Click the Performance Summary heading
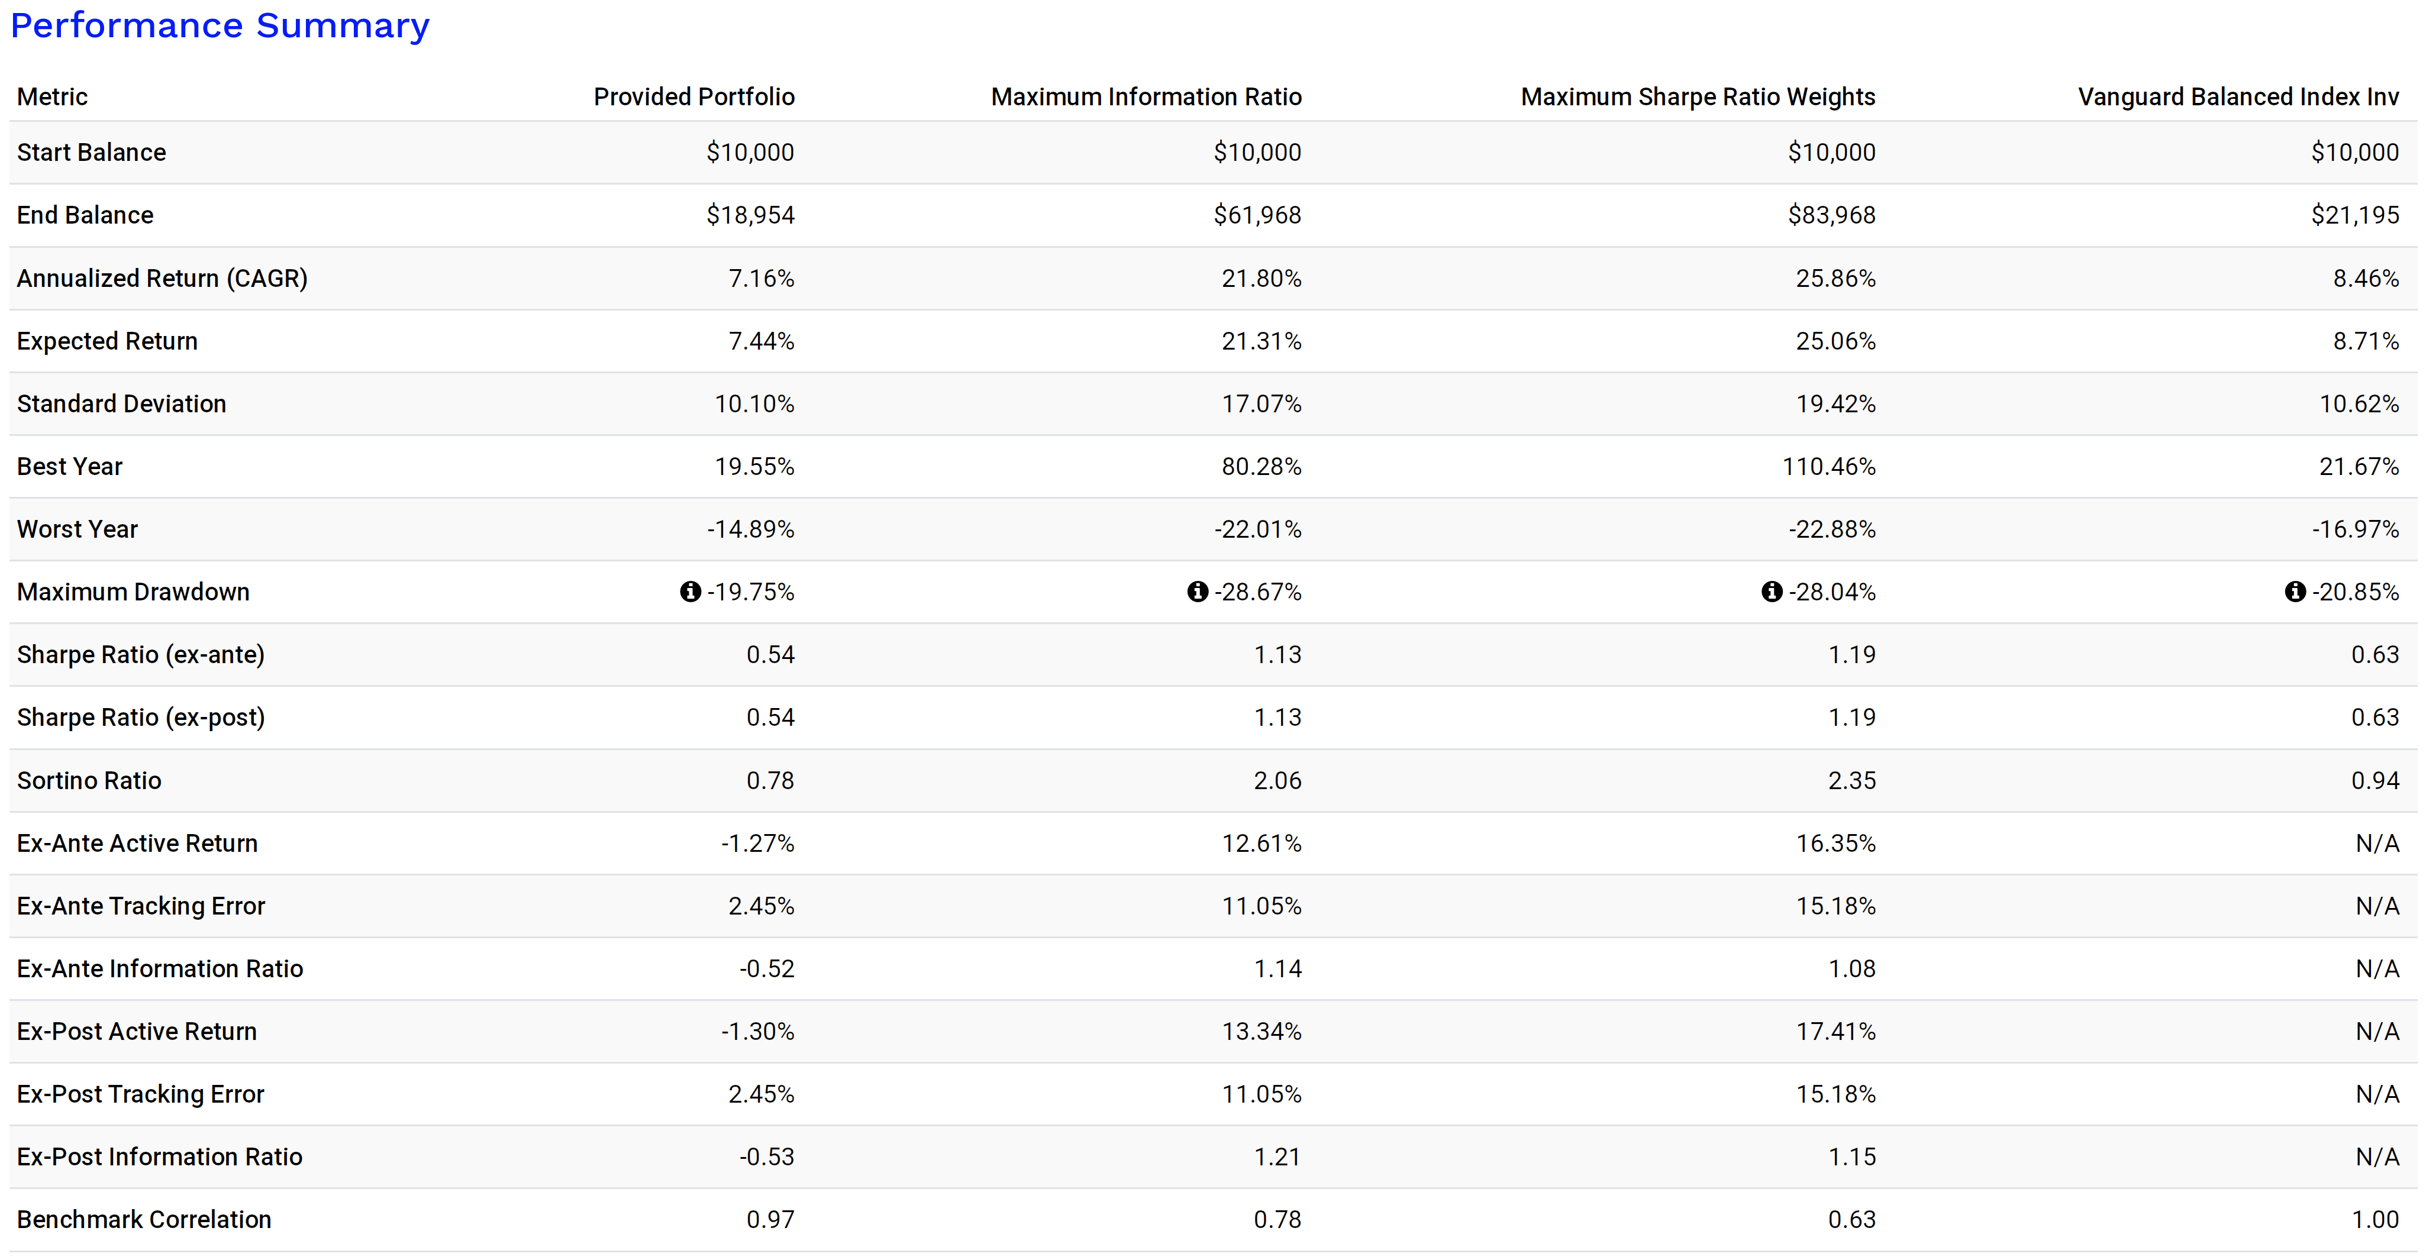(220, 25)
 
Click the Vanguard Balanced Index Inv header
(2238, 97)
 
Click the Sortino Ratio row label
(89, 781)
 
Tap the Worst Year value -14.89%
(751, 529)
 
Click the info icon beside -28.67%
(1197, 592)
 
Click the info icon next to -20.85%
(2295, 592)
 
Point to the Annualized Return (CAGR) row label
(162, 279)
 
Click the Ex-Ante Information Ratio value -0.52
(767, 969)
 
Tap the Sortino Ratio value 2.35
(1851, 781)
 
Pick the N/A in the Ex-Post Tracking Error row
(2376, 1094)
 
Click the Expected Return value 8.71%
(2365, 341)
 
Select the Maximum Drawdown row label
(133, 592)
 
